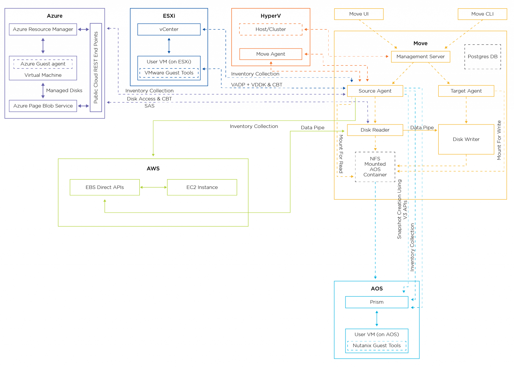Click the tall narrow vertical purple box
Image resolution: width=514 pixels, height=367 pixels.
(x=96, y=67)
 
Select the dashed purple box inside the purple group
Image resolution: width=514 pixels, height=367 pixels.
(x=43, y=64)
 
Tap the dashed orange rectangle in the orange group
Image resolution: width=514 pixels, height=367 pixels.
(x=271, y=29)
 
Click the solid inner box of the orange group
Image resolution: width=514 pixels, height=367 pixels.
(x=271, y=54)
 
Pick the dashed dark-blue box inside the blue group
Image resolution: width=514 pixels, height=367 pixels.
(x=169, y=73)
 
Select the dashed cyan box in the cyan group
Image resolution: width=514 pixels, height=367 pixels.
(x=377, y=346)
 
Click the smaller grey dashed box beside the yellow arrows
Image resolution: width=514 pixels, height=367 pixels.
(x=483, y=57)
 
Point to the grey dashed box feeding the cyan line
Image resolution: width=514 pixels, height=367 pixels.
(x=375, y=167)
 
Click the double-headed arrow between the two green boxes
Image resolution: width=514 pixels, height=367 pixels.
(x=153, y=187)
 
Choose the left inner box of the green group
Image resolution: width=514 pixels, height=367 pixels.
(x=105, y=187)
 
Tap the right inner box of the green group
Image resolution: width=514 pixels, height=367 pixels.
(x=202, y=187)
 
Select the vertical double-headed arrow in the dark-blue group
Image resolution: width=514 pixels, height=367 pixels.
(x=169, y=46)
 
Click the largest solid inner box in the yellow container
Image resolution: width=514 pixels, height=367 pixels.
(x=466, y=139)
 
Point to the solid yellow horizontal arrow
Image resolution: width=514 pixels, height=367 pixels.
(x=420, y=130)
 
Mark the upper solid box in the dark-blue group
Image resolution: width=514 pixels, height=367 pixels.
(x=169, y=29)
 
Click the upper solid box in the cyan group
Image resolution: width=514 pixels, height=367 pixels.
(x=377, y=302)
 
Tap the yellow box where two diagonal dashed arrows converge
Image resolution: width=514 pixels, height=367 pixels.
(x=421, y=57)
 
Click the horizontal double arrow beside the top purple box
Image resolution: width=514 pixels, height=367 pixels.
(x=83, y=30)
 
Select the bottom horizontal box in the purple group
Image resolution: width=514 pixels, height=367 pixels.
(x=43, y=106)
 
